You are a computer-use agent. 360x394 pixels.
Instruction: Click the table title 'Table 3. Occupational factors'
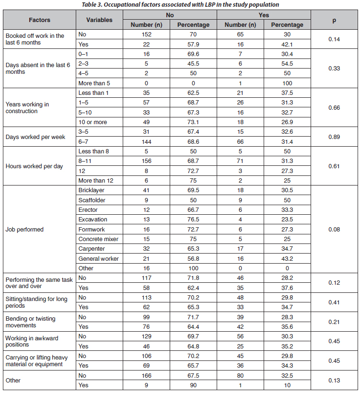(x=180, y=4)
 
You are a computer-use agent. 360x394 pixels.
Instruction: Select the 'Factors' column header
(x=39, y=20)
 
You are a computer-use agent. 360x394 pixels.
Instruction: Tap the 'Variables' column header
(x=99, y=20)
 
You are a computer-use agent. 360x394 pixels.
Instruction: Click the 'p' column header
(x=334, y=20)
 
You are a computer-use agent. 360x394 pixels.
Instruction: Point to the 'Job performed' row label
(x=24, y=229)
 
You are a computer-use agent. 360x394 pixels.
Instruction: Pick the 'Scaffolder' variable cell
(x=92, y=200)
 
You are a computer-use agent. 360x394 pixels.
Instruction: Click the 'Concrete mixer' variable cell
(x=98, y=239)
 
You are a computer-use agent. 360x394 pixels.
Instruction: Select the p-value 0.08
(x=334, y=229)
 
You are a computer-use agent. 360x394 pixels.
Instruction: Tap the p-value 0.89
(x=334, y=137)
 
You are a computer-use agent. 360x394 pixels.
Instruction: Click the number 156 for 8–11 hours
(x=146, y=161)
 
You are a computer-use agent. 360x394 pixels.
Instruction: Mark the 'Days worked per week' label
(x=35, y=137)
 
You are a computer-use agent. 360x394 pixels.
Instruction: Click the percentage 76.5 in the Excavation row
(x=194, y=220)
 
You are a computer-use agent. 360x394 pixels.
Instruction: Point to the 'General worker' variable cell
(x=98, y=258)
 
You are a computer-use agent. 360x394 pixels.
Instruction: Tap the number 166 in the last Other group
(x=146, y=375)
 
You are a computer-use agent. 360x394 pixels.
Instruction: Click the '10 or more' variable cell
(x=93, y=122)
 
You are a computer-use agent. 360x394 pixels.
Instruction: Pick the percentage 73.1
(x=194, y=122)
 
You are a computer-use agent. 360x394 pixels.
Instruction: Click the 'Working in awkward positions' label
(x=32, y=341)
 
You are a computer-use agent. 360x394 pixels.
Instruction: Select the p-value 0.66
(x=334, y=107)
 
